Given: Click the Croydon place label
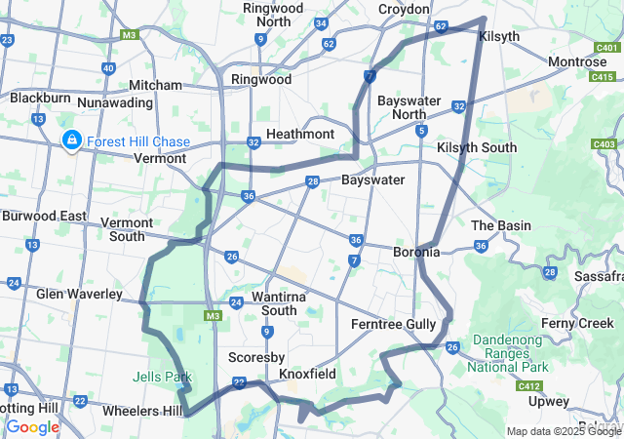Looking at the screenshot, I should pyautogui.click(x=404, y=9).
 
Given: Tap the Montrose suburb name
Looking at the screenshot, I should pyautogui.click(x=577, y=61).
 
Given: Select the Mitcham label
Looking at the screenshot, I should pyautogui.click(x=155, y=85).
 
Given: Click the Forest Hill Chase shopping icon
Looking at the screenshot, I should pyautogui.click(x=71, y=140).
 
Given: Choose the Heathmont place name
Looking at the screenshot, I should pyautogui.click(x=300, y=134).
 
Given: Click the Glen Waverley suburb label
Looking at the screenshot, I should pyautogui.click(x=80, y=294).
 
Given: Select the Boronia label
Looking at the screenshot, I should pyautogui.click(x=416, y=252).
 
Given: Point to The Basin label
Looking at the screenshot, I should pyautogui.click(x=501, y=225).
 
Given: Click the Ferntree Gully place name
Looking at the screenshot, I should pyautogui.click(x=395, y=323).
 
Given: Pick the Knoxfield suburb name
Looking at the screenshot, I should pyautogui.click(x=307, y=374).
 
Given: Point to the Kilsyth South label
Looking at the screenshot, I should pyautogui.click(x=477, y=147).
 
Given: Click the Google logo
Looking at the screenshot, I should pyautogui.click(x=32, y=426).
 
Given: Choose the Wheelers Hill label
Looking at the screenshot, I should pyautogui.click(x=142, y=411).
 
